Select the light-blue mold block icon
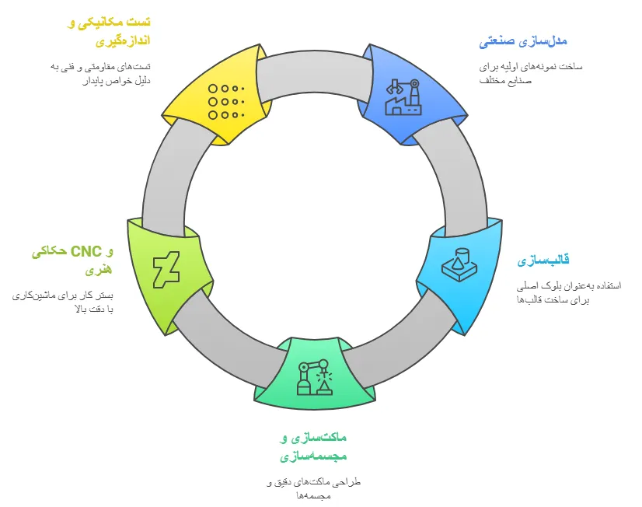[459, 264]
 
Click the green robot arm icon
[314, 376]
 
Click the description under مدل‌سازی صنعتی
[530, 73]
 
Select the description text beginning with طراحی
[314, 489]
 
